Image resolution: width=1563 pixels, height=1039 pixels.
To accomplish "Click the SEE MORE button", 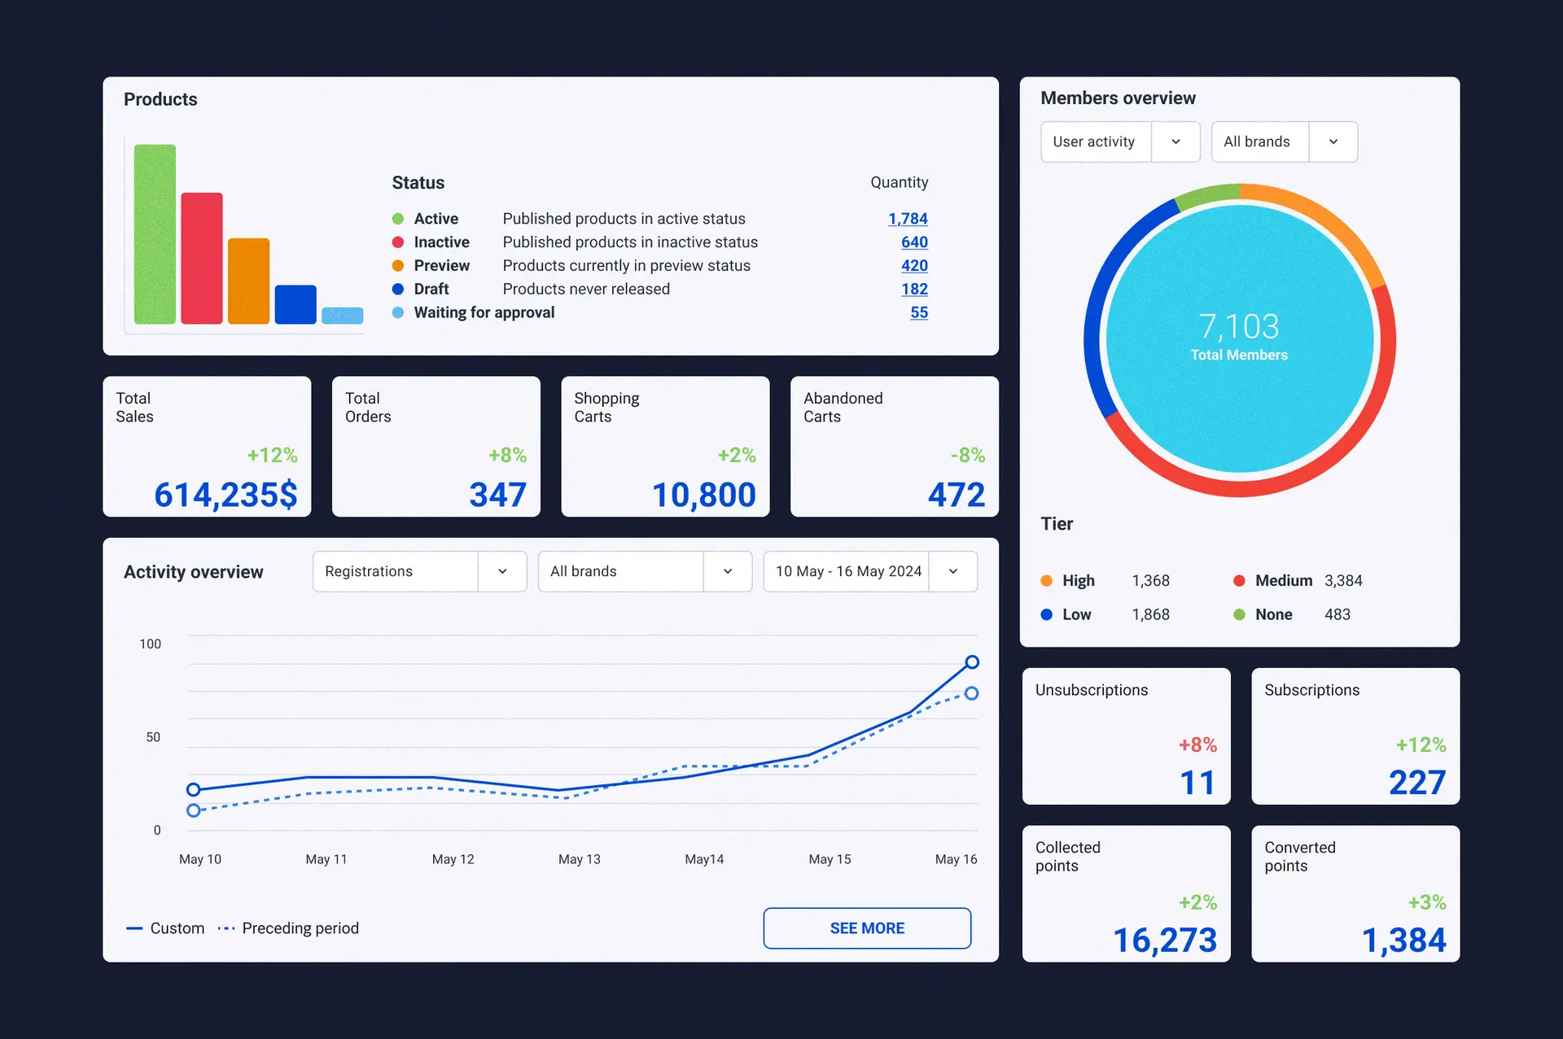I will pyautogui.click(x=867, y=928).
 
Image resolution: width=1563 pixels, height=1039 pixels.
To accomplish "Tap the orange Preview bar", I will pyautogui.click(x=248, y=282).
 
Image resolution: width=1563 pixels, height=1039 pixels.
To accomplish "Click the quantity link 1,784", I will pyautogui.click(x=908, y=219).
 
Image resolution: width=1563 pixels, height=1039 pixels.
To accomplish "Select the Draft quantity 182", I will pyautogui.click(x=914, y=289).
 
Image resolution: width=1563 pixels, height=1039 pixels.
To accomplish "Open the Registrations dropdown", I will pyautogui.click(x=419, y=571).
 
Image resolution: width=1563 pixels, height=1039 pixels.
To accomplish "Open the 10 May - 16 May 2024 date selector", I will pyautogui.click(x=869, y=571).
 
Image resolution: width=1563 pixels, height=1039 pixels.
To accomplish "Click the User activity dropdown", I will pyautogui.click(x=1119, y=142).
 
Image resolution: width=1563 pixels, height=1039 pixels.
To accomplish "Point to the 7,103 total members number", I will pyautogui.click(x=1239, y=326).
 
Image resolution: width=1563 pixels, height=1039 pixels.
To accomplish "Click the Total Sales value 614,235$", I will pyautogui.click(x=225, y=495).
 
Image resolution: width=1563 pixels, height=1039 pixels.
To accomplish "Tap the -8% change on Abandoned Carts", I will pyautogui.click(x=967, y=455).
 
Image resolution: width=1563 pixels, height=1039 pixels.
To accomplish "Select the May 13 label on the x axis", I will pyautogui.click(x=579, y=859).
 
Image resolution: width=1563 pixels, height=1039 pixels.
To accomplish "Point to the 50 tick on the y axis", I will pyautogui.click(x=153, y=737).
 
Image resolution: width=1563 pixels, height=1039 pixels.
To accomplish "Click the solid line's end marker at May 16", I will pyautogui.click(x=972, y=662).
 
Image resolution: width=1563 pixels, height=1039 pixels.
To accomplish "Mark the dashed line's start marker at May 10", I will pyautogui.click(x=193, y=810).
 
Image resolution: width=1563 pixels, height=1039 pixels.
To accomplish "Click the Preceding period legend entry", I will pyautogui.click(x=300, y=928).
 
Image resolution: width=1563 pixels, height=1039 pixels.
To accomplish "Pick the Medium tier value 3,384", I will pyautogui.click(x=1342, y=581).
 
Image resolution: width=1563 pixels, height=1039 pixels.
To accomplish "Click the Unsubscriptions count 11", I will pyautogui.click(x=1197, y=783).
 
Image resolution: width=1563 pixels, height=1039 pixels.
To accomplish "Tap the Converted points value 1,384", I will pyautogui.click(x=1403, y=941).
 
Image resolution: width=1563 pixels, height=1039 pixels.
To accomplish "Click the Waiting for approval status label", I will pyautogui.click(x=484, y=312).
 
